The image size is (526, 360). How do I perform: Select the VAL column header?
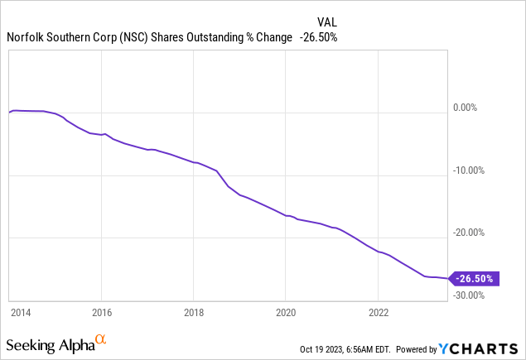tap(328, 22)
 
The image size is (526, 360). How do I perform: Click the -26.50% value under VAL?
tap(318, 37)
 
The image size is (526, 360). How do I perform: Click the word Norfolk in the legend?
tap(26, 37)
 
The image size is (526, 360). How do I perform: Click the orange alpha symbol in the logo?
tap(101, 339)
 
